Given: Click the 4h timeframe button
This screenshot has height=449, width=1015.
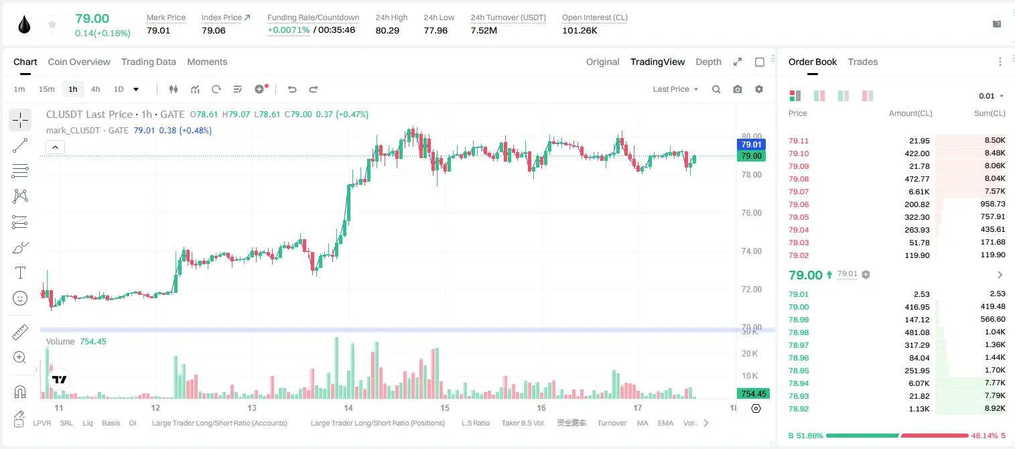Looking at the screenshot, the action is click(x=95, y=89).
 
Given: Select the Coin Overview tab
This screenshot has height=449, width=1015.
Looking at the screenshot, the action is click(x=79, y=62).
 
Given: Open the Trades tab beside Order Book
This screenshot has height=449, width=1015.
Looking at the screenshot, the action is click(x=862, y=62).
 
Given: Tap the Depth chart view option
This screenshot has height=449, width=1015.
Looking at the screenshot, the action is click(x=708, y=62).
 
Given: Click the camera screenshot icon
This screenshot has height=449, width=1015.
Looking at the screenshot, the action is click(x=737, y=89).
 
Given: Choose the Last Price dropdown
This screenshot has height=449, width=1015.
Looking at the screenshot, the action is click(x=675, y=89).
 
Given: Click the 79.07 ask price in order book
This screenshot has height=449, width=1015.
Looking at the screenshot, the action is click(x=799, y=192).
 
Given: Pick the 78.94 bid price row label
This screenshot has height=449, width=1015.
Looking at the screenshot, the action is click(x=799, y=383).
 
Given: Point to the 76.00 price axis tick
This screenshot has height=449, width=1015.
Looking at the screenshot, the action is click(x=751, y=213).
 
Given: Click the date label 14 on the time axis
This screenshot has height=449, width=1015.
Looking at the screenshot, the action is click(x=348, y=407).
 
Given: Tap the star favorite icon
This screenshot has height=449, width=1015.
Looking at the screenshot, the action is click(x=52, y=24).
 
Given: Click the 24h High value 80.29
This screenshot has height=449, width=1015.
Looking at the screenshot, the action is click(x=387, y=30).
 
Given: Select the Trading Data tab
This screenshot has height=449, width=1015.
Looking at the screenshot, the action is click(x=148, y=62).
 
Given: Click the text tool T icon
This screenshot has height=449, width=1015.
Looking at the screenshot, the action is click(x=20, y=273).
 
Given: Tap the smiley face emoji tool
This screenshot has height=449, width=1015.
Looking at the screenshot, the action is click(x=20, y=298).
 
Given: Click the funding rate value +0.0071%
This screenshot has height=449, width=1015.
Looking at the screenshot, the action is click(x=288, y=30).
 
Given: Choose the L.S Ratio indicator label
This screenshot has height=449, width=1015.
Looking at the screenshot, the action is click(x=475, y=423).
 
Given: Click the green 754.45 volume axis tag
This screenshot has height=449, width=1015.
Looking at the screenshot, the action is click(x=753, y=394).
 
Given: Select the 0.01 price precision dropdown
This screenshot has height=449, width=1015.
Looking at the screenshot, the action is click(x=991, y=96).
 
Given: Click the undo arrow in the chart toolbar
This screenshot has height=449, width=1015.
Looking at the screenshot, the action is click(x=292, y=89).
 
